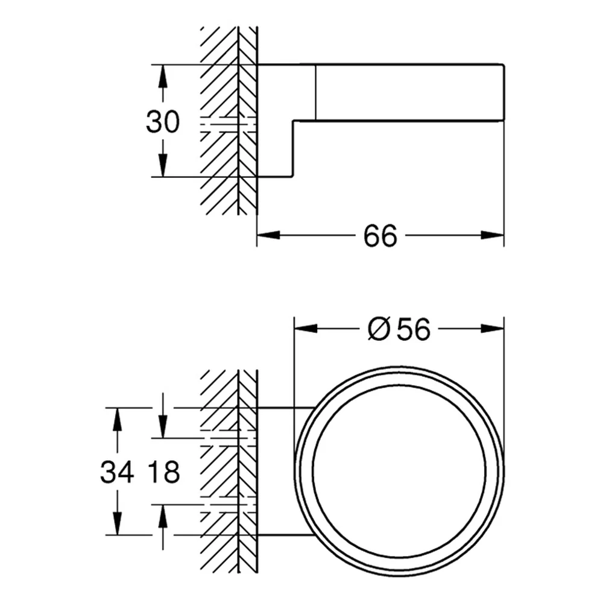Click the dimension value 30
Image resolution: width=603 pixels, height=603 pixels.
point(163,122)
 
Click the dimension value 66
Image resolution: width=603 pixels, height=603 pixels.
point(380,236)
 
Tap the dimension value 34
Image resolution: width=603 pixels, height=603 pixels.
point(117,472)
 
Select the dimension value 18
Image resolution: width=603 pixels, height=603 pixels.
point(163,472)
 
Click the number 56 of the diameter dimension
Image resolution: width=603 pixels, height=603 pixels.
point(414,329)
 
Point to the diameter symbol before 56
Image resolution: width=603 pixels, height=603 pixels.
point(379,329)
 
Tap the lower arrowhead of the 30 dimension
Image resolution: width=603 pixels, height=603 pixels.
point(163,164)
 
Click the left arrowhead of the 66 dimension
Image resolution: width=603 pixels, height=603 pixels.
point(269,235)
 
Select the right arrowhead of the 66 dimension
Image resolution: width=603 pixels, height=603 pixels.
point(492,235)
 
